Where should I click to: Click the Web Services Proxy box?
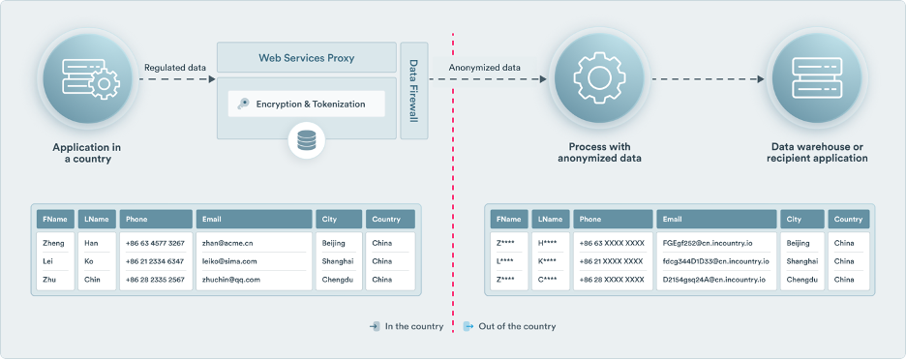point(306,58)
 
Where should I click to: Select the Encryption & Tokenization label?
point(310,104)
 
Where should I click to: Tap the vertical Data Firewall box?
point(413,91)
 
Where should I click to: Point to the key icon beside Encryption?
point(243,104)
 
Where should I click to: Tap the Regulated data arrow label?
point(174,68)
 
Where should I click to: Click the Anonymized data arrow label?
point(485,68)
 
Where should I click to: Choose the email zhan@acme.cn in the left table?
point(227,243)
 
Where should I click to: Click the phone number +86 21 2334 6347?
point(155,261)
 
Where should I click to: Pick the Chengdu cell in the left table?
point(338,280)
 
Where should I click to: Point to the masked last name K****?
point(549,261)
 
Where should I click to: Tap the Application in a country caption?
point(88,152)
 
